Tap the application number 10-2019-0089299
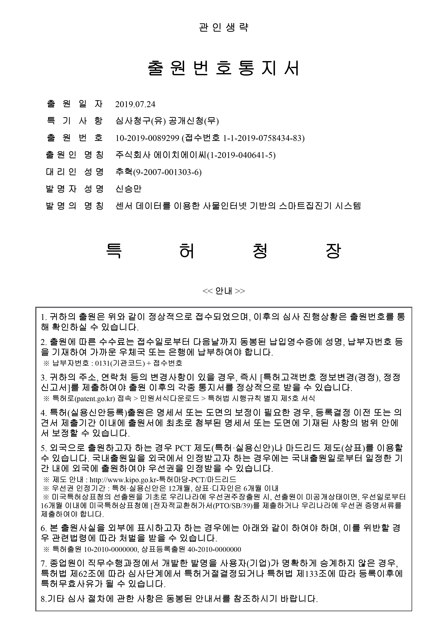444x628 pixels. [147, 138]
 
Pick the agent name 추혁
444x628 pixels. [124, 172]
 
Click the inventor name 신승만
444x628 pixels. [129, 189]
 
